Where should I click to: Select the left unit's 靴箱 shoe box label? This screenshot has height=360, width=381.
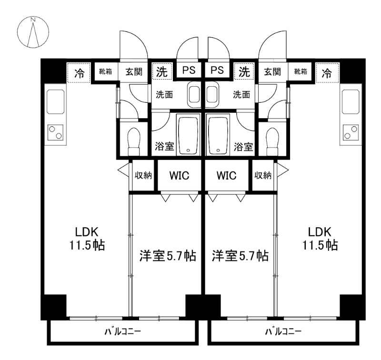coord(105,72)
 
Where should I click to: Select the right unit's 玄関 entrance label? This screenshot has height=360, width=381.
coord(272,72)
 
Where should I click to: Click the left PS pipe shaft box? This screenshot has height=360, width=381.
coord(190,71)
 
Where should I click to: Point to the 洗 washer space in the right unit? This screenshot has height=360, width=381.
coord(244,72)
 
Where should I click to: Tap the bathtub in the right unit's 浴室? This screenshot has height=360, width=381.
coord(217,134)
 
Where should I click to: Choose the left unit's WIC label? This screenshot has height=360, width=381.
coord(179,176)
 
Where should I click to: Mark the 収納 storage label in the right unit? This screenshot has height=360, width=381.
coord(263,176)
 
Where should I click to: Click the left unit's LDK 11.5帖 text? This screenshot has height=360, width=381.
coord(87,239)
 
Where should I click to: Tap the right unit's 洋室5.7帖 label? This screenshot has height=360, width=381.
coord(240,256)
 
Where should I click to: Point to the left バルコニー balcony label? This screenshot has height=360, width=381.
coord(122,331)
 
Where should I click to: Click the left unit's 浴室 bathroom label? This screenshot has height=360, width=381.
coord(164,147)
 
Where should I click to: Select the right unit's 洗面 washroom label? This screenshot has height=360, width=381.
coord(241,94)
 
